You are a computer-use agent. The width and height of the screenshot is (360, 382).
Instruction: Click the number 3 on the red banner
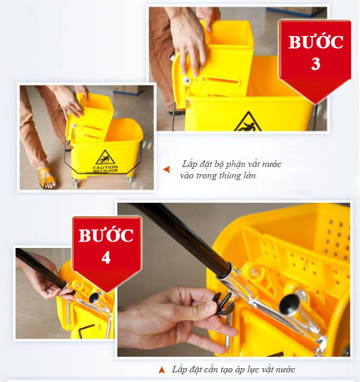click(x=315, y=64)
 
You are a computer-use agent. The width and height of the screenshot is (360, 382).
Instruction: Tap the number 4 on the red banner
click(x=106, y=257)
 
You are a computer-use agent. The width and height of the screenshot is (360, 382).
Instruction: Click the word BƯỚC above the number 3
click(x=316, y=43)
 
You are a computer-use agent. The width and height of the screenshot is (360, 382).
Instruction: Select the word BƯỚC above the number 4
click(x=106, y=235)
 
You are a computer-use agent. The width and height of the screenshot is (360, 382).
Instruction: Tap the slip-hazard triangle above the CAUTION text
click(x=106, y=157)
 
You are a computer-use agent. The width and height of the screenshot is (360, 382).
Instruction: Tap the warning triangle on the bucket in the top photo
click(x=248, y=123)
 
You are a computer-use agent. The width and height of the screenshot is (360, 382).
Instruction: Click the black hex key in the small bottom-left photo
click(x=86, y=331)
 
